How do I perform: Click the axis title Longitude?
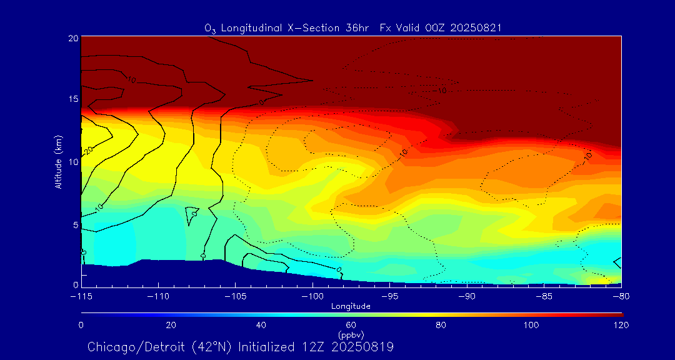coord(351,306)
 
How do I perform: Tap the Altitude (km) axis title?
coord(58,162)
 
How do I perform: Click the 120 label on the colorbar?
coord(621,325)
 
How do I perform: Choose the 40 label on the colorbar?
coord(261,325)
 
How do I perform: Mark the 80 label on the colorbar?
coord(441,325)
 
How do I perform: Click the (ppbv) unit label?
coord(351,334)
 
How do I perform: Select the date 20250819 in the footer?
coord(362,346)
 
